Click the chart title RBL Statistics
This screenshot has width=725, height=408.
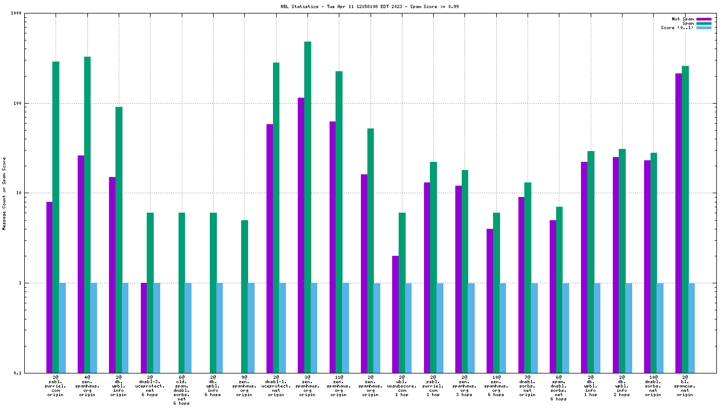pos(362,6)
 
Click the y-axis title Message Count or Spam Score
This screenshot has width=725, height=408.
pos(4,193)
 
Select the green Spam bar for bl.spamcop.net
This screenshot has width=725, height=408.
pos(685,216)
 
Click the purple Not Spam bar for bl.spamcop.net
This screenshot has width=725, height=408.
pos(679,221)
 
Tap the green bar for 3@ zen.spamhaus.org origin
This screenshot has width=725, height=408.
pos(307,205)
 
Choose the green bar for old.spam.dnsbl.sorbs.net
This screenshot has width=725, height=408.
pos(182,291)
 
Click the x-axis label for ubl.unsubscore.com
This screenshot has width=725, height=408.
pos(402,386)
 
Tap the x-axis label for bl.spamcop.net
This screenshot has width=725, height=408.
pos(685,386)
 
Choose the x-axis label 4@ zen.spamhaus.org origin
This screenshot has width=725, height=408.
pos(87,386)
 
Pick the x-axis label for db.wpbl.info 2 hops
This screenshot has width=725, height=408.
pos(622,386)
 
